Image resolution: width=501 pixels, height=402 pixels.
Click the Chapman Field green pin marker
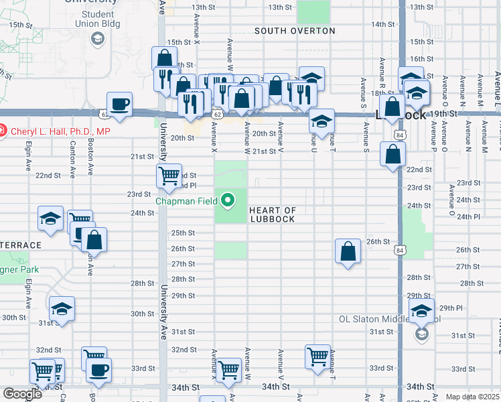click(x=228, y=200)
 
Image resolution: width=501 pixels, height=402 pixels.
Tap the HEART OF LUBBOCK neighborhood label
click(x=272, y=214)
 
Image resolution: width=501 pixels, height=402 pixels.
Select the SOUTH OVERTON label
click(x=295, y=31)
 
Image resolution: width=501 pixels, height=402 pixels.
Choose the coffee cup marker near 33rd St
click(x=99, y=370)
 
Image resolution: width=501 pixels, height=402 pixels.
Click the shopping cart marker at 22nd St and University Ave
click(x=169, y=176)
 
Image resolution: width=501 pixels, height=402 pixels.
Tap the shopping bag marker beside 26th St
click(x=348, y=252)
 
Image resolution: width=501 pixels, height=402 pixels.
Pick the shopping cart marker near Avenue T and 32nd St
click(x=317, y=356)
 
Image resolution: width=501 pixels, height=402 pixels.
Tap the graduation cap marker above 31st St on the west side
click(x=62, y=309)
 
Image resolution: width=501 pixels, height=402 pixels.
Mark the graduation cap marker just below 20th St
click(x=321, y=122)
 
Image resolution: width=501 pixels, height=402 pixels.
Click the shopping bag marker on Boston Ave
click(x=94, y=241)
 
